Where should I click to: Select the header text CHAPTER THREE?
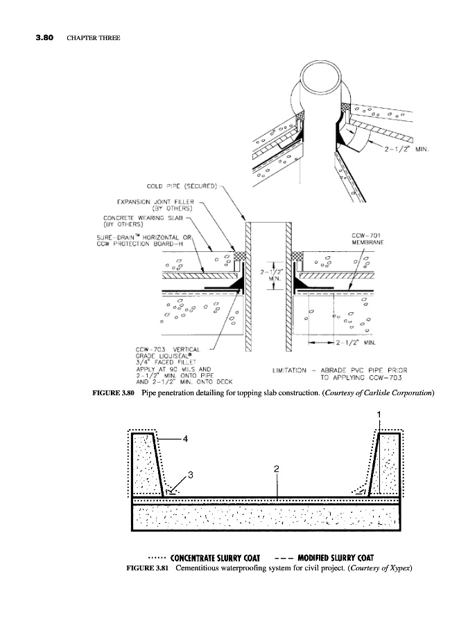click(94, 37)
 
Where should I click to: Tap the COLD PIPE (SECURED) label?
click(183, 186)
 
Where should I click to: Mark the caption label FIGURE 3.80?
click(113, 393)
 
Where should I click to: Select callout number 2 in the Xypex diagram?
click(276, 469)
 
